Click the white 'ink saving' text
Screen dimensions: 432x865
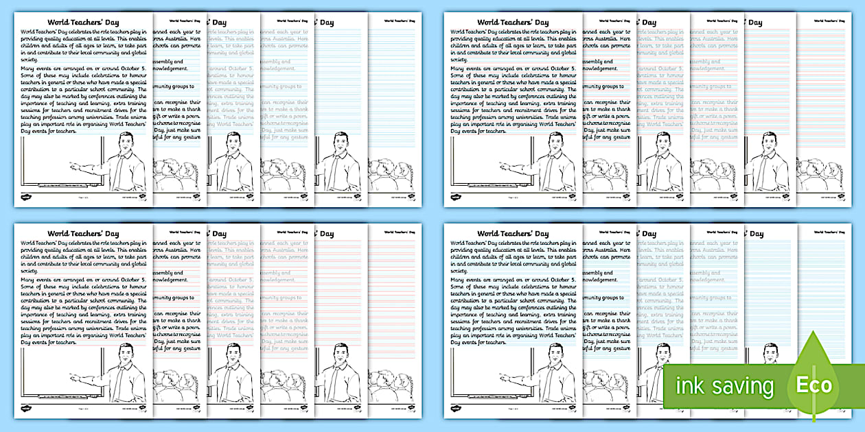tap(724, 387)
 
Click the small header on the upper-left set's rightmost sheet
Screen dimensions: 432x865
tap(399, 21)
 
